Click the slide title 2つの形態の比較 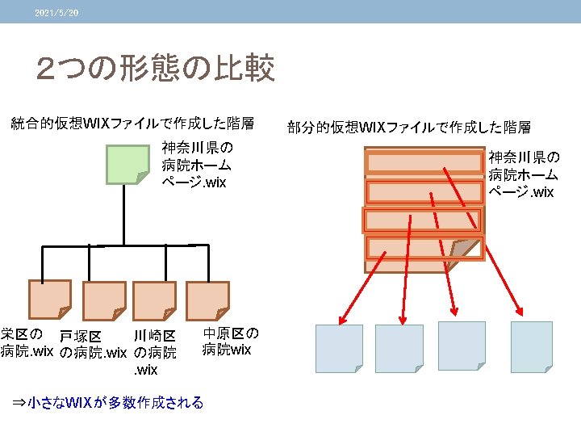(156, 69)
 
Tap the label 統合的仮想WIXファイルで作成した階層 (132, 124)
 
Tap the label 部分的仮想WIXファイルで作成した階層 (409, 127)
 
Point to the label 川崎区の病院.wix (153, 352)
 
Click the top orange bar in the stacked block (413, 162)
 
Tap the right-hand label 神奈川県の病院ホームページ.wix (523, 174)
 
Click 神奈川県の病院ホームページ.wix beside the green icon (196, 165)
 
